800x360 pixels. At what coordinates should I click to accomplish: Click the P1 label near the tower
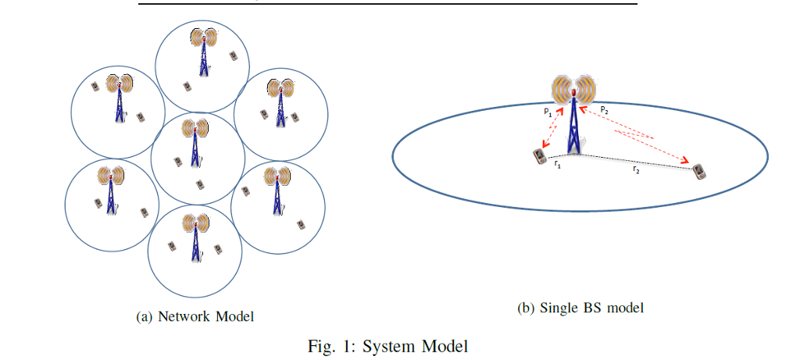[548, 112]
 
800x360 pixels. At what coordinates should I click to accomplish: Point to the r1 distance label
[556, 164]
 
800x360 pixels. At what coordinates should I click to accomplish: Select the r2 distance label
[637, 169]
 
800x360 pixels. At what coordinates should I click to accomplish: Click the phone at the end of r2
[699, 171]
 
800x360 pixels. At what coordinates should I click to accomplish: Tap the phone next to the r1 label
[538, 156]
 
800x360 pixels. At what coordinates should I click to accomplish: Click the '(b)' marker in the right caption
[526, 308]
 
